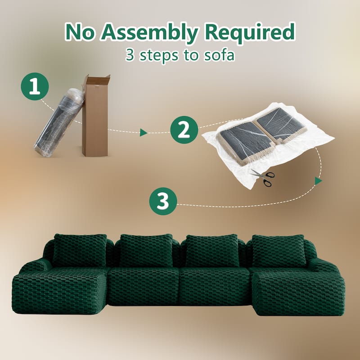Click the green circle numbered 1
point(35,87)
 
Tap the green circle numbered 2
point(184,130)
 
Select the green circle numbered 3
point(162,202)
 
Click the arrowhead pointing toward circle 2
point(144,132)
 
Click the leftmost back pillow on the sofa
point(80,250)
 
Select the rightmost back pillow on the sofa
point(279,250)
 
